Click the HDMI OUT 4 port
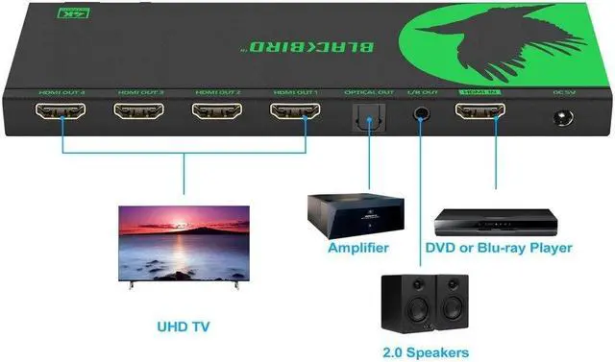click(x=61, y=112)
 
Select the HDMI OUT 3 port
click(x=138, y=112)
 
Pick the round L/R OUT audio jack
click(x=420, y=116)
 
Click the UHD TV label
click(x=184, y=326)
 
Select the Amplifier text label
click(x=357, y=248)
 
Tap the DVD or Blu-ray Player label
click(x=498, y=248)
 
